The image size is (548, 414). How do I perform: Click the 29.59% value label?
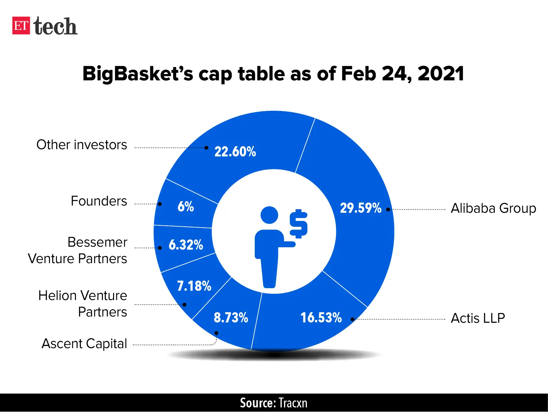tap(360, 208)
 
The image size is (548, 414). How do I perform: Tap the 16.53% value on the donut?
tap(321, 318)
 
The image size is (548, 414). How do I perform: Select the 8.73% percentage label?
tap(231, 318)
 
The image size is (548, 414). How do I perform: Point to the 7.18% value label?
tap(194, 286)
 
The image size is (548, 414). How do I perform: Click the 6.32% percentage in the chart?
tap(186, 245)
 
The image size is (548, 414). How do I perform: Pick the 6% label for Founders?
tap(186, 207)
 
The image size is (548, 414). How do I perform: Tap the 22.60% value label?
tap(235, 152)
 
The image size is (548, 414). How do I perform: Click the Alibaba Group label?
tap(493, 208)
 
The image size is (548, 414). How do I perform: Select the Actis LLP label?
tap(478, 318)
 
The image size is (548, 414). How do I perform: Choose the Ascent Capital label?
tap(84, 344)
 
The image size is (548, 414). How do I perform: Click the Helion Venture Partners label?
tap(83, 304)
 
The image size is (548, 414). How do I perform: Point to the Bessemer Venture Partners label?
tap(78, 250)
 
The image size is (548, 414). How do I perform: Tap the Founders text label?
tap(99, 201)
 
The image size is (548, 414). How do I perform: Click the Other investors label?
tap(82, 145)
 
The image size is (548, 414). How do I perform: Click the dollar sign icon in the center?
tap(298, 224)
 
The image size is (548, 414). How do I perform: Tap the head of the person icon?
tap(269, 215)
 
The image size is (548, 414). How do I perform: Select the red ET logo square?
tap(21, 26)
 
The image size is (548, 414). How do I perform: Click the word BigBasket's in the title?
tap(137, 74)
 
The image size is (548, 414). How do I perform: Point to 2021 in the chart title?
tap(441, 74)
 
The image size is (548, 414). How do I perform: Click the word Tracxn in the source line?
tap(293, 403)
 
